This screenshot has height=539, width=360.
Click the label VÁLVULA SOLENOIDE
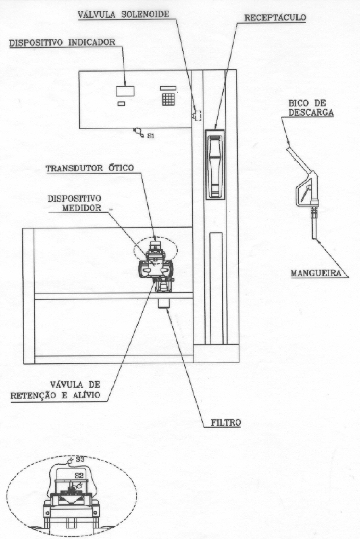coord(123,14)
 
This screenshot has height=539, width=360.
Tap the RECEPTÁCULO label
coord(275,17)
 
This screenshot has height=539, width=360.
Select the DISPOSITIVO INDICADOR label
coord(62,42)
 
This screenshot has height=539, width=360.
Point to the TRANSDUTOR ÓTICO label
coord(90,168)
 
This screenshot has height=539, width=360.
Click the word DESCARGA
coord(311,112)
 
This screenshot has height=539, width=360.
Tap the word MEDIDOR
coord(81,208)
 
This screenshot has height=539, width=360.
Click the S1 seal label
coord(151,136)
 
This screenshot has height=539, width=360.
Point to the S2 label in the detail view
coord(79,475)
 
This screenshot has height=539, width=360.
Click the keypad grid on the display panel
coord(168,99)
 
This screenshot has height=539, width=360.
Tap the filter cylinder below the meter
coord(164,304)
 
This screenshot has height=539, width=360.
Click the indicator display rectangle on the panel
coord(125,91)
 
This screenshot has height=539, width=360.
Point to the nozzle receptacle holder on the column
coord(215,164)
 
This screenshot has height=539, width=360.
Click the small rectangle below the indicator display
coord(121,103)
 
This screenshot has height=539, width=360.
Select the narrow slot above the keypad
coord(168,89)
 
